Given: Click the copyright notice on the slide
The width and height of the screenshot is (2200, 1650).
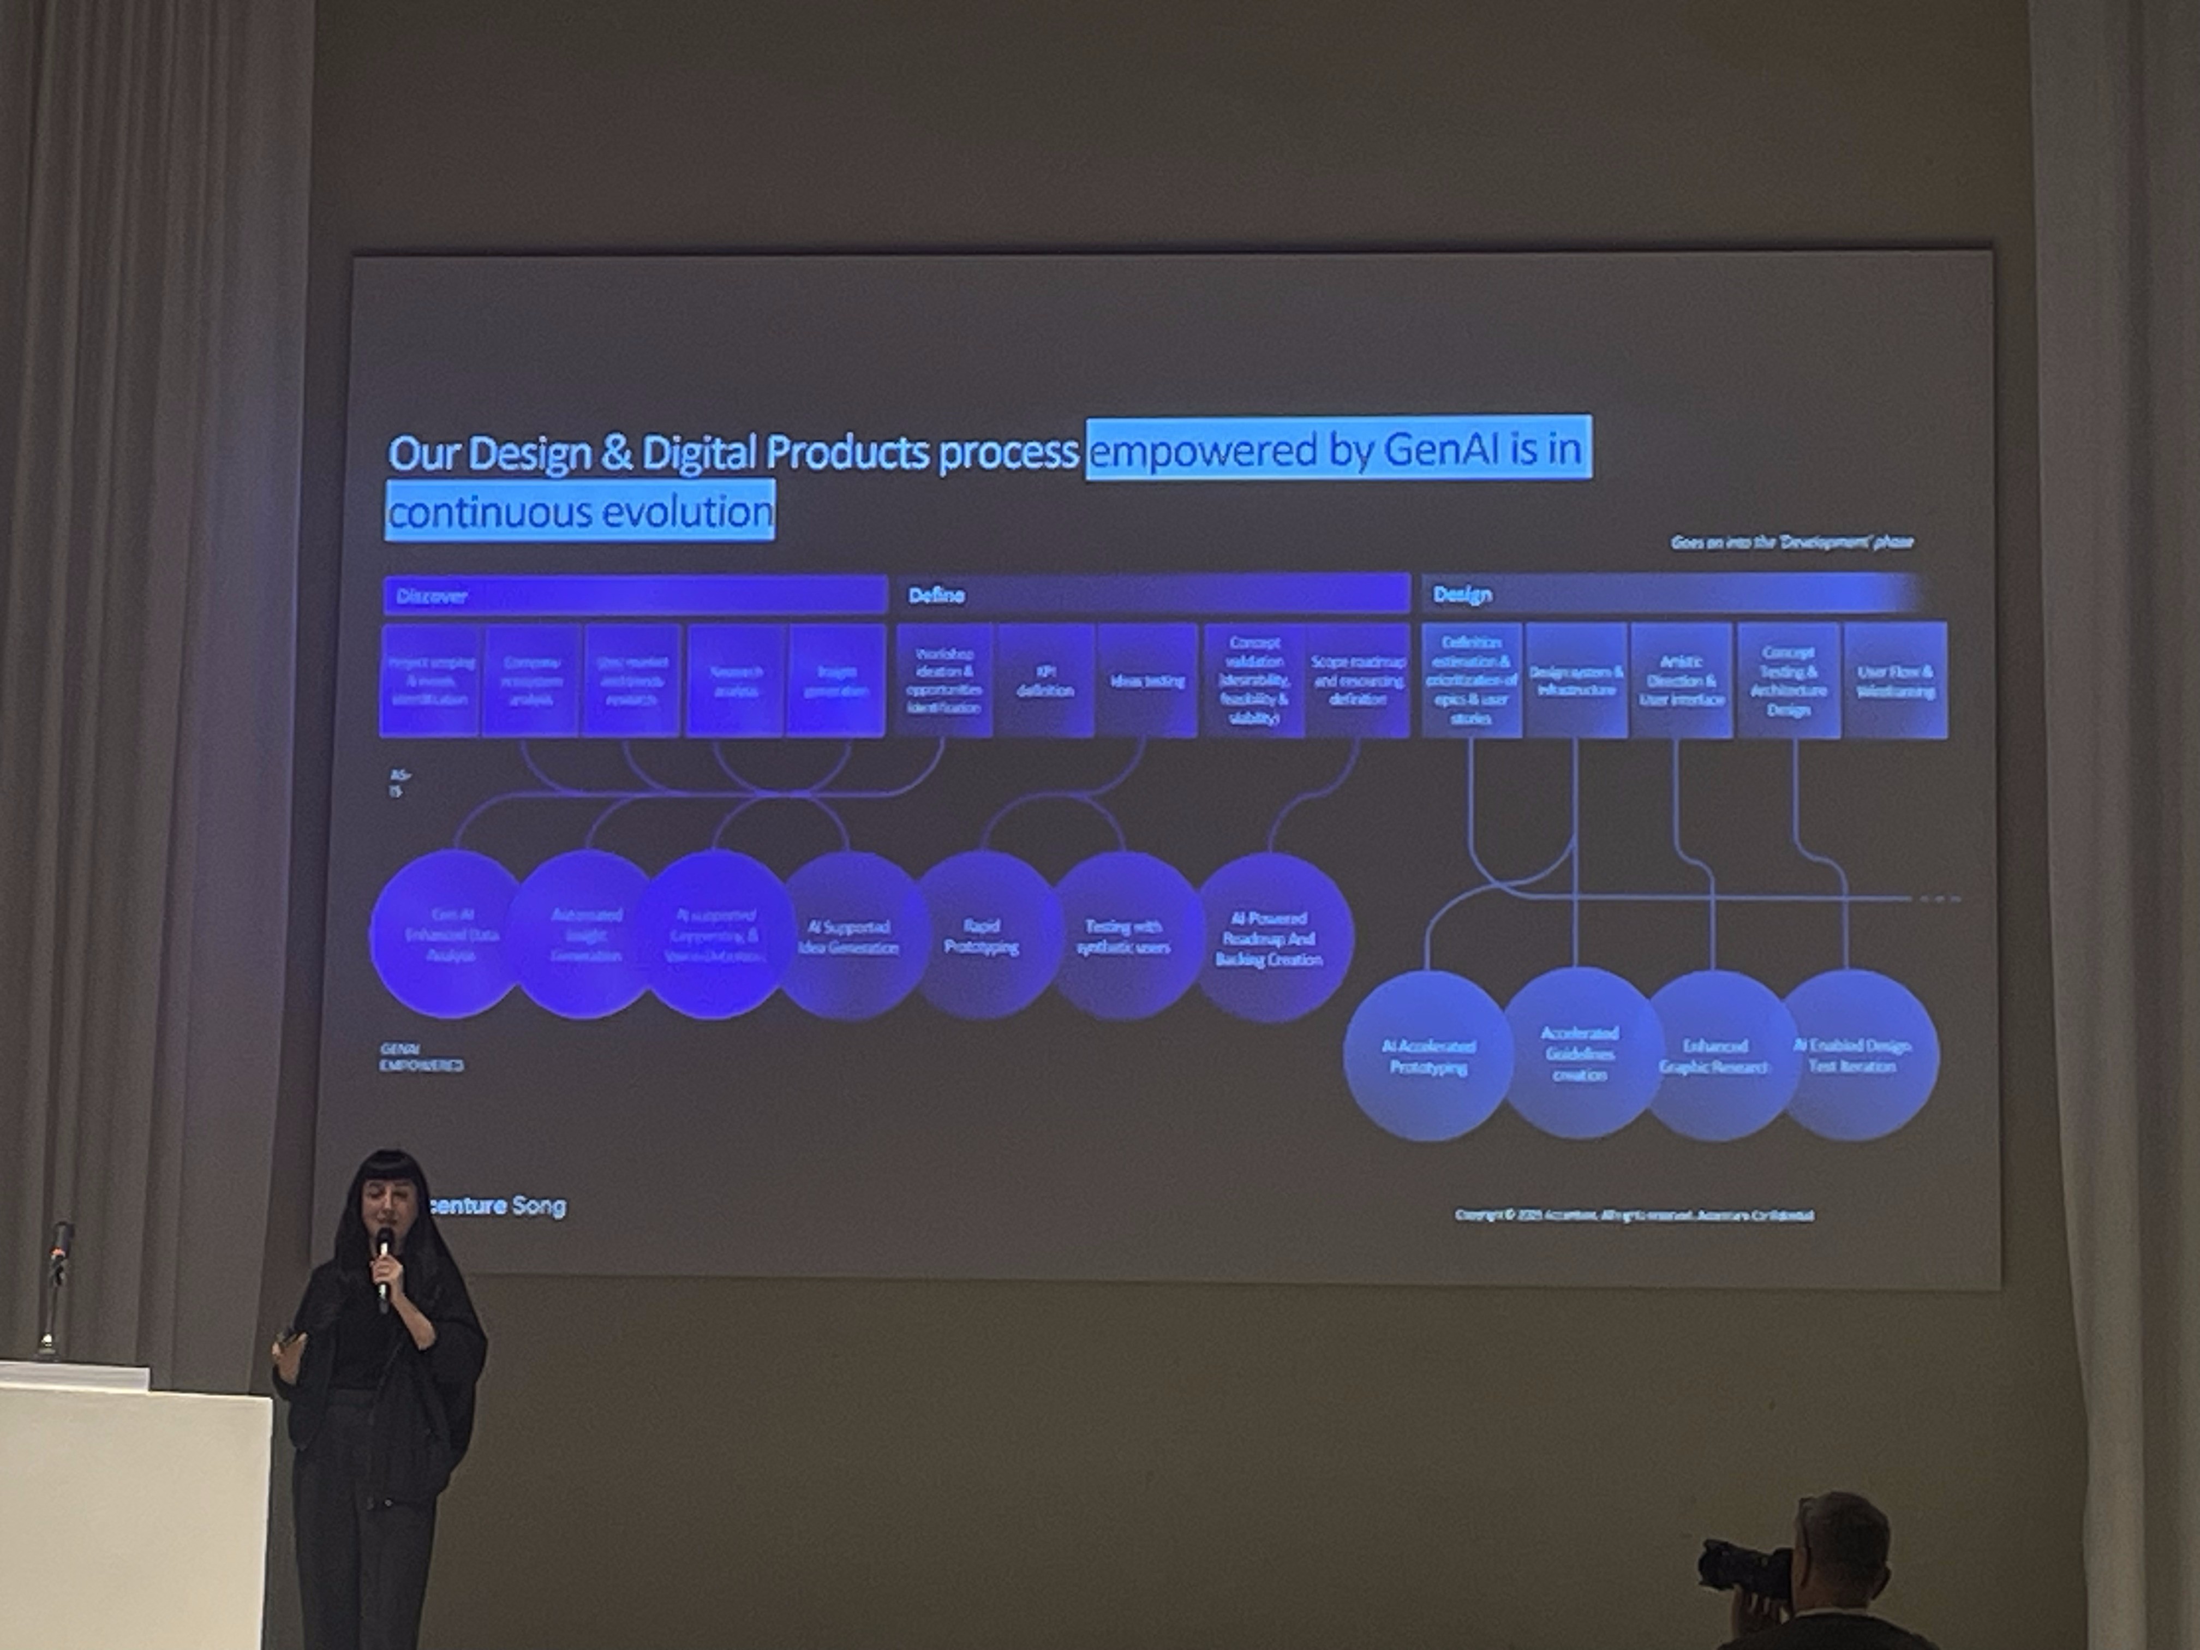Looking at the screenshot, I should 1633,1215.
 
